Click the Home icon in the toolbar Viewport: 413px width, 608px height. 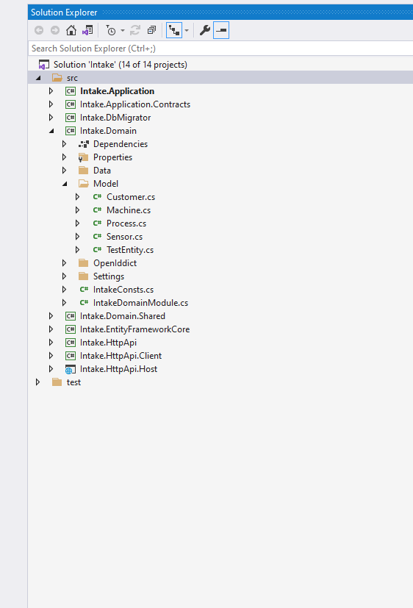pyautogui.click(x=71, y=30)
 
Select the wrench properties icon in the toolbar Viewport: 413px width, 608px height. pyautogui.click(x=205, y=30)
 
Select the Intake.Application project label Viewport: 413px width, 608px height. pyautogui.click(x=117, y=91)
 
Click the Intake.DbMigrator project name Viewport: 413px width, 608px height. pyautogui.click(x=115, y=118)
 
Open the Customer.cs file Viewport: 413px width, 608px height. pyautogui.click(x=130, y=197)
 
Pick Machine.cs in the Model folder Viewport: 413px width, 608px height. pyautogui.click(x=129, y=210)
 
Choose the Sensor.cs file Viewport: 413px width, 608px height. pyautogui.click(x=124, y=237)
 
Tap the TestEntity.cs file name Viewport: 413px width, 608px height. pyautogui.click(x=129, y=250)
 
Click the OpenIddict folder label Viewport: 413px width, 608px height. pyautogui.click(x=115, y=263)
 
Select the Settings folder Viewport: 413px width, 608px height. pyautogui.click(x=108, y=276)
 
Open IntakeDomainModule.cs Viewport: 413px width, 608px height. pyautogui.click(x=140, y=303)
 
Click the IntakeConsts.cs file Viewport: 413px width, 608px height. pyautogui.click(x=123, y=290)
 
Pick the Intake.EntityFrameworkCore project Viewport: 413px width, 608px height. pyautogui.click(x=134, y=329)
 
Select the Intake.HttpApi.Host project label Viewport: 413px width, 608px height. pyautogui.click(x=118, y=369)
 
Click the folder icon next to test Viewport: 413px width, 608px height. pyautogui.click(x=57, y=382)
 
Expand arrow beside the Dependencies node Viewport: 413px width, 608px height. pyautogui.click(x=65, y=144)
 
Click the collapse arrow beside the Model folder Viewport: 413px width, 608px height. pyautogui.click(x=65, y=184)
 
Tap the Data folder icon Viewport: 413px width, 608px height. pyautogui.click(x=83, y=171)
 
